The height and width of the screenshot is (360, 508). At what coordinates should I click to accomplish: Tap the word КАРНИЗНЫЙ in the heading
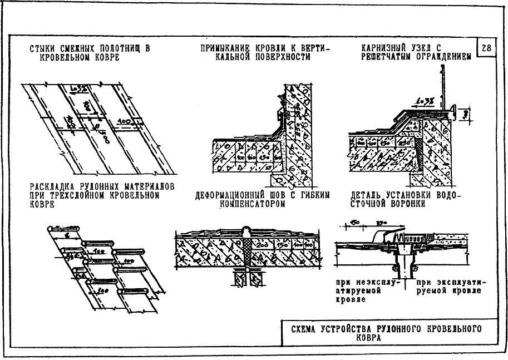pos(384,48)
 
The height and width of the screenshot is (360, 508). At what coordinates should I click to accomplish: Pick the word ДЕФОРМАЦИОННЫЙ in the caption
pos(232,195)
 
